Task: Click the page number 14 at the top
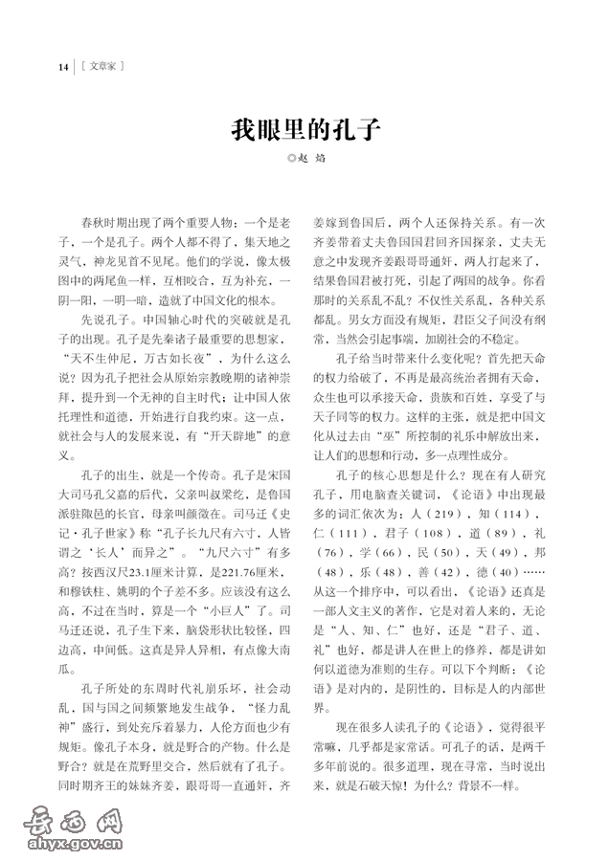[x=63, y=66]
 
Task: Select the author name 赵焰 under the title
[x=312, y=158]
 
